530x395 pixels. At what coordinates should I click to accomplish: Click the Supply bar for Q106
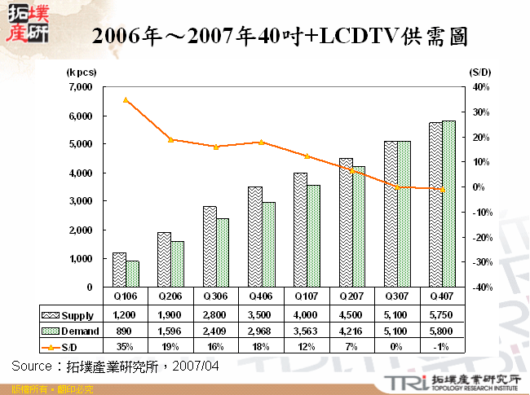pos(119,270)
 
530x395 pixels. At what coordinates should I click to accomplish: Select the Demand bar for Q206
pos(177,264)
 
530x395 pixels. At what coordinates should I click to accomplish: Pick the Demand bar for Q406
pos(267,244)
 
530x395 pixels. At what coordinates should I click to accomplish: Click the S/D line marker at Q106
pos(126,100)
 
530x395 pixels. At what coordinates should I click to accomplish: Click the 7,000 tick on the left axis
pos(81,86)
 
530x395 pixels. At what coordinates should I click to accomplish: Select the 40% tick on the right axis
pos(479,86)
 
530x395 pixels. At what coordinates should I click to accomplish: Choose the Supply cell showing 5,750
pos(442,315)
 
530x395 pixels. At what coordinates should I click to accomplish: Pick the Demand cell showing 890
pos(126,331)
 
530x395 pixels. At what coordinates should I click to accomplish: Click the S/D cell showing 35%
pos(126,347)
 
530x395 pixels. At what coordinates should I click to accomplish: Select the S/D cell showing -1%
pos(442,347)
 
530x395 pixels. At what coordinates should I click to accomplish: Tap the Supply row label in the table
pos(77,315)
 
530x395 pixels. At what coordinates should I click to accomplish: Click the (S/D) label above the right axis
pos(480,72)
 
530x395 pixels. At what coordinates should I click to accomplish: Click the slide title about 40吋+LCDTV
pos(280,36)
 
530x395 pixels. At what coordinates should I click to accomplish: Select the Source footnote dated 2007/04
pos(116,366)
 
